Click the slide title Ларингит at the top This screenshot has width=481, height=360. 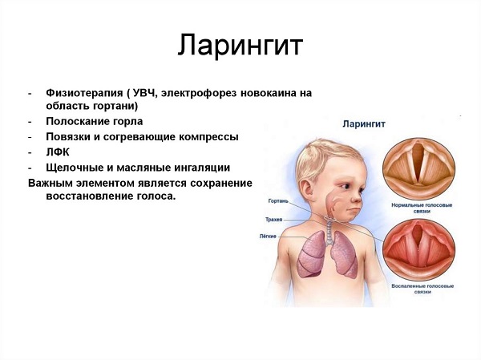coord(240,45)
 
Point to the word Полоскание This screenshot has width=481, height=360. coord(79,122)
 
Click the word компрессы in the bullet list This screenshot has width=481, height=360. coord(210,137)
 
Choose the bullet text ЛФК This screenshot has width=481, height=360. coord(59,152)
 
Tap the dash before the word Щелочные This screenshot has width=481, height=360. coord(30,168)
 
